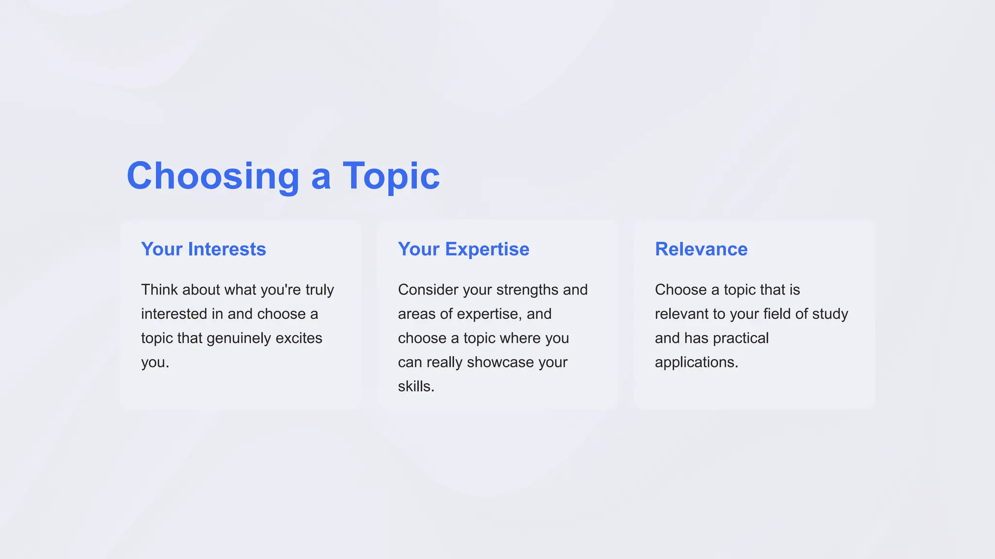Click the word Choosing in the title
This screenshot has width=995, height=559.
tap(213, 176)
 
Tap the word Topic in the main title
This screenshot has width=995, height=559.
tap(391, 176)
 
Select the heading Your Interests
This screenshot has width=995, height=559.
tap(204, 249)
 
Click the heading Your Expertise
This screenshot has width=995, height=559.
tap(463, 249)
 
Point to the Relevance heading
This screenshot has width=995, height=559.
tap(701, 249)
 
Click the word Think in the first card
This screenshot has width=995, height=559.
tap(159, 290)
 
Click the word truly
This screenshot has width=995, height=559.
tap(320, 290)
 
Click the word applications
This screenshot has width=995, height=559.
tap(696, 362)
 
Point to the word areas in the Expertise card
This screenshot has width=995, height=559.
tap(417, 314)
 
